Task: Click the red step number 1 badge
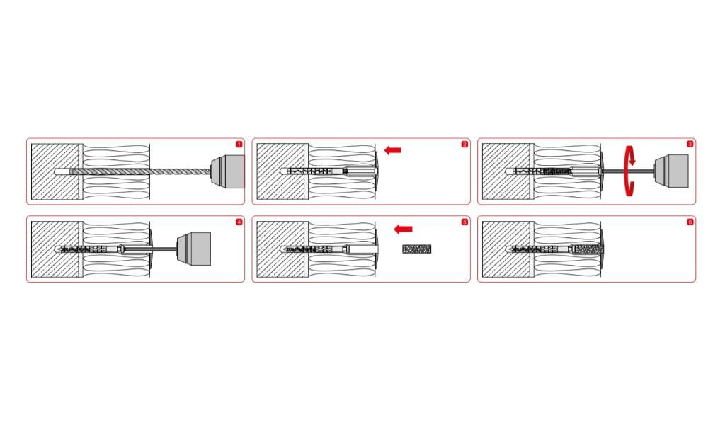pos(239,144)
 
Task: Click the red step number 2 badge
pos(464,144)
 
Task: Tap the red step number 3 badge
pos(690,144)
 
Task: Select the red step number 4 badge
pos(239,222)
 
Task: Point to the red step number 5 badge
pos(464,222)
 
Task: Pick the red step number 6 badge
pos(690,222)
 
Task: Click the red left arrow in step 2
pos(392,150)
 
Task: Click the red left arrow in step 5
pos(403,229)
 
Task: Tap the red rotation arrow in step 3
pos(629,171)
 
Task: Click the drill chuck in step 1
pos(227,171)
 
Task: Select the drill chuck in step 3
pos(671,171)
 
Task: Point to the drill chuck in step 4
pos(194,249)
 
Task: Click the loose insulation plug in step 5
pos(416,249)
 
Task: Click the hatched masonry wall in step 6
pos(506,249)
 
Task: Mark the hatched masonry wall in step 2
pos(280,171)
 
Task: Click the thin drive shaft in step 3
pos(629,171)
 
